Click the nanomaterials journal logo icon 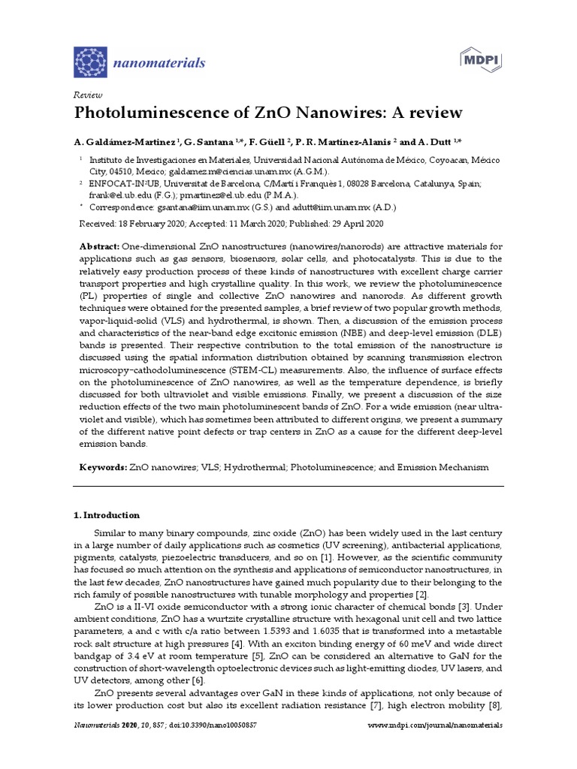tap(90, 62)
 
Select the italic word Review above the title tap(87, 95)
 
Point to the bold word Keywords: tap(103, 467)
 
